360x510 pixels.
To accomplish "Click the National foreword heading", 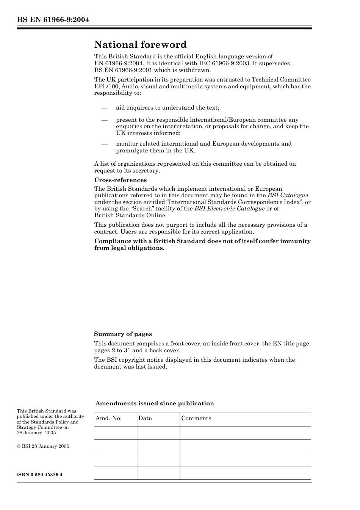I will click(x=140, y=45).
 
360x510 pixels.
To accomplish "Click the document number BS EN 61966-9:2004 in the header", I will click(x=53, y=20).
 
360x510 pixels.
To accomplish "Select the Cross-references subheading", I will click(x=121, y=180).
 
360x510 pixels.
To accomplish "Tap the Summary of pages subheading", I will click(x=123, y=334).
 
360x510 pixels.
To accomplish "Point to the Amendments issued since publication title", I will click(x=155, y=403).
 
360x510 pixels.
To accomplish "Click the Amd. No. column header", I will click(x=108, y=418).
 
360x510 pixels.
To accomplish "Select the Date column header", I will click(x=145, y=418).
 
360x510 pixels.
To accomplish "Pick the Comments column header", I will click(x=196, y=418).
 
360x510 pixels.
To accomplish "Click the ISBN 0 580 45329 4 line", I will click(x=40, y=475).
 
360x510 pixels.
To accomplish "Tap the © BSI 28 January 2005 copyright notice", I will click(x=43, y=446).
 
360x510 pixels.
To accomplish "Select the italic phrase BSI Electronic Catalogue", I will click(x=229, y=209).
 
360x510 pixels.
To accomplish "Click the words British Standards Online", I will click(x=130, y=215).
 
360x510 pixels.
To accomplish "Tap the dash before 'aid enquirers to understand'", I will click(x=105, y=108).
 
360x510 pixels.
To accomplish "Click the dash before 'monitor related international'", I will click(x=105, y=144).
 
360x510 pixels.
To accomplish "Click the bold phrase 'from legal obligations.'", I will click(x=129, y=248).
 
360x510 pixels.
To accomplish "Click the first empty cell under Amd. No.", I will click(x=115, y=433).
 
